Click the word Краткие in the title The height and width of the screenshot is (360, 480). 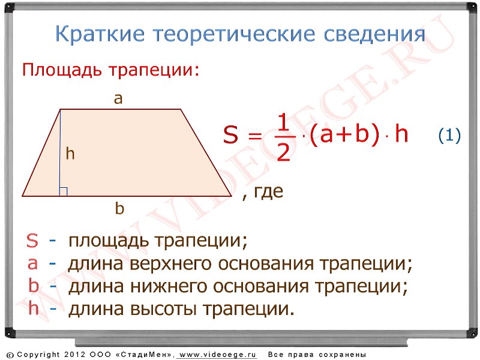click(x=100, y=34)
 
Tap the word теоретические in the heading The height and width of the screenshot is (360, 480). click(x=235, y=34)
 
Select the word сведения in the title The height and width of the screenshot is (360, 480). click(x=374, y=35)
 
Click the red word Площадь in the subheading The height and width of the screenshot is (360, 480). click(x=61, y=70)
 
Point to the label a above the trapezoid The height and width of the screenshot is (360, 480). click(x=118, y=99)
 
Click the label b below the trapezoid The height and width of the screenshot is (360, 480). click(x=119, y=208)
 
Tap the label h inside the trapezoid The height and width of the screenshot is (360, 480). click(x=70, y=154)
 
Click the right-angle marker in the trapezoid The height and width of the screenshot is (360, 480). click(x=64, y=191)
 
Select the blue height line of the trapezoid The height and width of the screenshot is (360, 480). click(x=60, y=152)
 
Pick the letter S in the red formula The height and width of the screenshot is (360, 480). click(x=230, y=134)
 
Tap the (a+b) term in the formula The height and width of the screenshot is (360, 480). click(x=344, y=134)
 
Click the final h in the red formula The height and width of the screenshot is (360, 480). click(x=401, y=134)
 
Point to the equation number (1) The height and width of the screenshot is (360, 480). click(x=449, y=135)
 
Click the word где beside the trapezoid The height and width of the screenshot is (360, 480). click(x=268, y=192)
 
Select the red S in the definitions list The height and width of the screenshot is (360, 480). click(x=32, y=241)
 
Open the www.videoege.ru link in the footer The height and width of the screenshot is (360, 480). click(x=218, y=355)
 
